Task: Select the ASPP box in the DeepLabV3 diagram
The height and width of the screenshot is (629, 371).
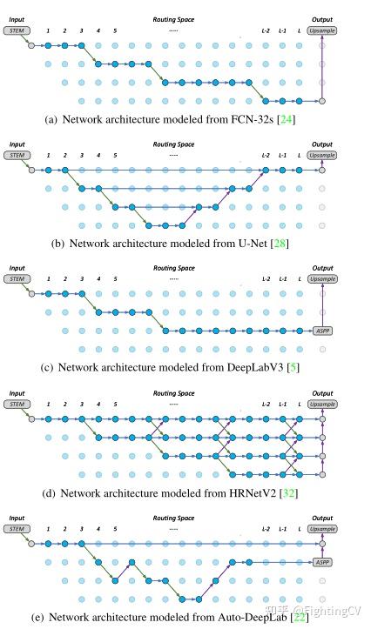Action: (x=322, y=331)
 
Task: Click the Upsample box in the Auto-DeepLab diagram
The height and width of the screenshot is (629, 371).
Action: (x=322, y=529)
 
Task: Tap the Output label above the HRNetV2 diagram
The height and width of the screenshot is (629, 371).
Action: (x=322, y=391)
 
